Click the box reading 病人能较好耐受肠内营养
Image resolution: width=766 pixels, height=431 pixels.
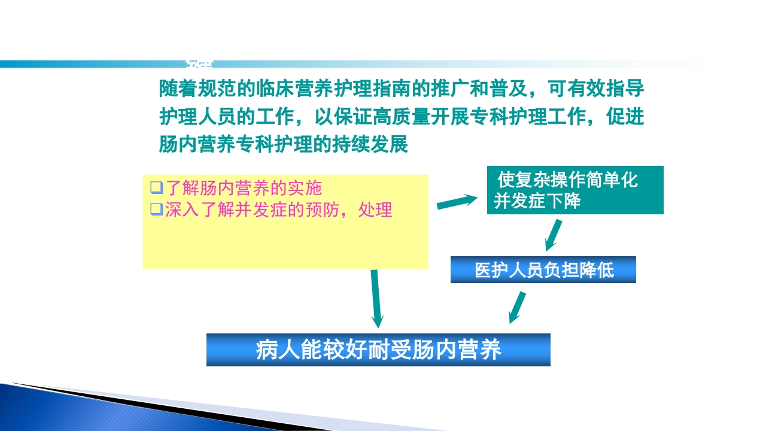coord(378,350)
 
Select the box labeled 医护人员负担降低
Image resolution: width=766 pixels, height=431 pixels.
coord(543,270)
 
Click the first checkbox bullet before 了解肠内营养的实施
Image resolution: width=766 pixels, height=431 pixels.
coord(156,188)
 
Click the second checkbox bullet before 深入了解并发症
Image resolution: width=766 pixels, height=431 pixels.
coord(156,210)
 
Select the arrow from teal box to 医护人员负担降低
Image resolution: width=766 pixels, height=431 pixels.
coord(554,235)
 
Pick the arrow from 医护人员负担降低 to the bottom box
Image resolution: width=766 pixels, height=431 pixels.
coord(517,307)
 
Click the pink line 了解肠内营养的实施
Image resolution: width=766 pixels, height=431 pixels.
coord(243,188)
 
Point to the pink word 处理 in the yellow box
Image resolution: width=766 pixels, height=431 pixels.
coord(375,210)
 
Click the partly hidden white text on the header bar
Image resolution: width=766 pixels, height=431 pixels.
coord(199,63)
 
